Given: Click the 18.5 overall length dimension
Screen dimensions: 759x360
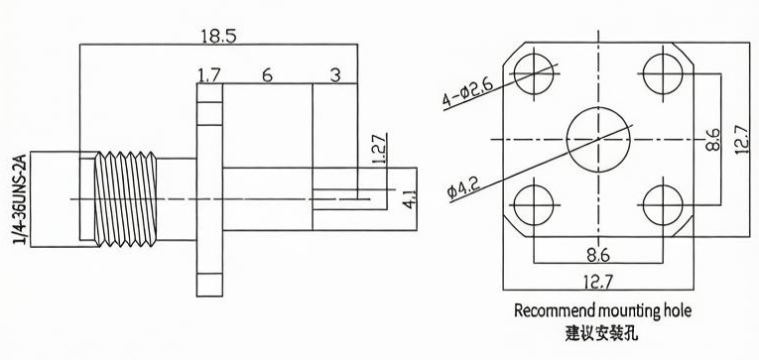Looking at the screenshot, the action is click(x=219, y=37).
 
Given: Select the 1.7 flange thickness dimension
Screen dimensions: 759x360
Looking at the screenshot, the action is click(x=209, y=75).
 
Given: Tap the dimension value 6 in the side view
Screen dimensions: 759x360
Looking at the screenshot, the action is click(x=267, y=75).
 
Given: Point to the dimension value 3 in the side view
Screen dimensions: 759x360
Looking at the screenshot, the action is click(x=335, y=75).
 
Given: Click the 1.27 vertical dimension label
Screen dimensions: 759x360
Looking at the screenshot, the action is click(x=380, y=148).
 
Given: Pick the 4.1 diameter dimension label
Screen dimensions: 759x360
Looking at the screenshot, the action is click(x=409, y=199).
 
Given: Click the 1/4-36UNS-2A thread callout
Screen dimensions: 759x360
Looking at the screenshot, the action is click(x=21, y=199).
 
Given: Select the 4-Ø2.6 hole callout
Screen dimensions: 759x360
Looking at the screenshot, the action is click(x=467, y=93).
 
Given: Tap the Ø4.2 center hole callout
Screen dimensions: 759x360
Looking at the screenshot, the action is click(x=463, y=187).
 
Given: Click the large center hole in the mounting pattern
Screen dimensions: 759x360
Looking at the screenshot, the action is click(x=598, y=140).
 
